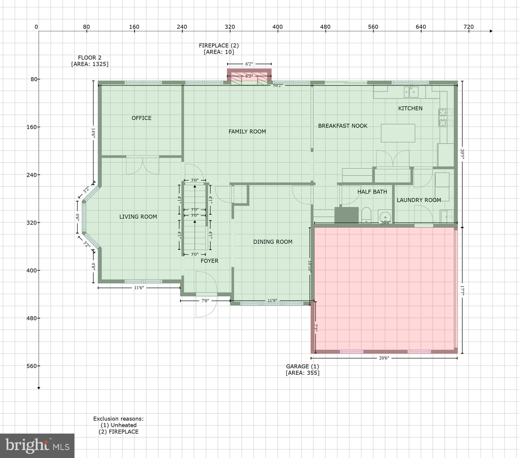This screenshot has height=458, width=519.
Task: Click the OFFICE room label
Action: tap(141, 118)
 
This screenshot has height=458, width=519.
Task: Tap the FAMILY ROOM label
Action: tap(247, 131)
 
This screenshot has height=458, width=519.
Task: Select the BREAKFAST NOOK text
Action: tap(343, 126)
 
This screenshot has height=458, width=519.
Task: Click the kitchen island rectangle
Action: tap(398, 133)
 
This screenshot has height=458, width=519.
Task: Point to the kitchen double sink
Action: tap(411, 92)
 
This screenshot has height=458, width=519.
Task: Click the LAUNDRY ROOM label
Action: tap(419, 200)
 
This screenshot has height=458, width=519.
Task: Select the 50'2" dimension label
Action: tap(277, 85)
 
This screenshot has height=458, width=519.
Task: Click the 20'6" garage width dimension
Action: tap(384, 358)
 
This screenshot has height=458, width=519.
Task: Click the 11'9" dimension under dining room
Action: tap(272, 301)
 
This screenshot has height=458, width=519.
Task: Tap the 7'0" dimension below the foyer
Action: tap(205, 301)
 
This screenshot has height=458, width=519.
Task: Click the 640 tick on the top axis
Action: tap(421, 27)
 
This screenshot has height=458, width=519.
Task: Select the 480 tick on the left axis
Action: tap(32, 318)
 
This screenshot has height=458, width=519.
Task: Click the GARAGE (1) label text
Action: tap(302, 366)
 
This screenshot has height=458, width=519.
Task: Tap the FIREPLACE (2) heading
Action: tap(219, 45)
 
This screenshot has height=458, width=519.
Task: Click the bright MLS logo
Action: tap(37, 446)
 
